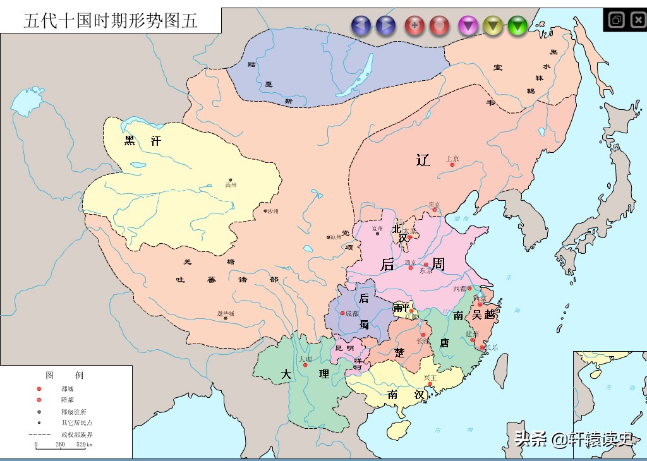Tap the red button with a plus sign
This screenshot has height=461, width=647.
click(x=414, y=25)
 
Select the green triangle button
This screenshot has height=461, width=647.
click(x=517, y=25)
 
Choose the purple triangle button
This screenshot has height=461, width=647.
click(x=467, y=25)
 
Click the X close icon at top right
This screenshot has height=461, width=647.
click(x=636, y=20)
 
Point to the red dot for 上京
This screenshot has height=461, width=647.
click(x=452, y=165)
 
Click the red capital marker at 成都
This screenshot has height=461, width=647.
click(x=341, y=313)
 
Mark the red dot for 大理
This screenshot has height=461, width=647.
click(x=305, y=365)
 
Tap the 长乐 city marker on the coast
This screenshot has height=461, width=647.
click(x=482, y=347)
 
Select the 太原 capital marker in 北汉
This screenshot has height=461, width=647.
click(x=410, y=237)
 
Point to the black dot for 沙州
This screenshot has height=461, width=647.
click(x=265, y=211)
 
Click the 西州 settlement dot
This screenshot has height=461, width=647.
click(x=230, y=180)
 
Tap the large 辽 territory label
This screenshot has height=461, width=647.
click(x=423, y=160)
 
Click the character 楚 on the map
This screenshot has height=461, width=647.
click(x=399, y=351)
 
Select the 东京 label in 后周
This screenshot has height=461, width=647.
click(x=426, y=272)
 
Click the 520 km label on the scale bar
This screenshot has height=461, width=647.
click(x=84, y=445)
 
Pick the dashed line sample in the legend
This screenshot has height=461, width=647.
click(x=40, y=434)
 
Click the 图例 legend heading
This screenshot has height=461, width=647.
click(x=66, y=374)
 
